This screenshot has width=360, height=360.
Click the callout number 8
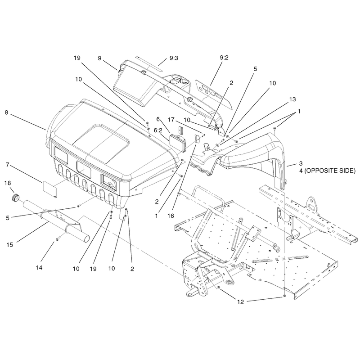[x=6, y=113]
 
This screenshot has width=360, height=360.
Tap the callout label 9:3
[x=174, y=58]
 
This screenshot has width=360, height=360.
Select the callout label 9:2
[x=224, y=58]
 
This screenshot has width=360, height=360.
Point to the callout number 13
[x=292, y=99]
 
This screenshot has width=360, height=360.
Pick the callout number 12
[x=240, y=301]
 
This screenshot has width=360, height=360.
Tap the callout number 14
[x=39, y=267]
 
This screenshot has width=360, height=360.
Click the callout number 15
[x=9, y=245]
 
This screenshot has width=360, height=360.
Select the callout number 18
[x=8, y=183]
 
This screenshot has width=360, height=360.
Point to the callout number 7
[x=7, y=165]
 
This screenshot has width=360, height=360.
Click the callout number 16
[x=171, y=216]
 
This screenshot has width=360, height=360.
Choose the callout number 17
[x=171, y=120]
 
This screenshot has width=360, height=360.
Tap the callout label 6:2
[x=158, y=130]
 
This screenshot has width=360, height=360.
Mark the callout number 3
[x=301, y=163]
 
